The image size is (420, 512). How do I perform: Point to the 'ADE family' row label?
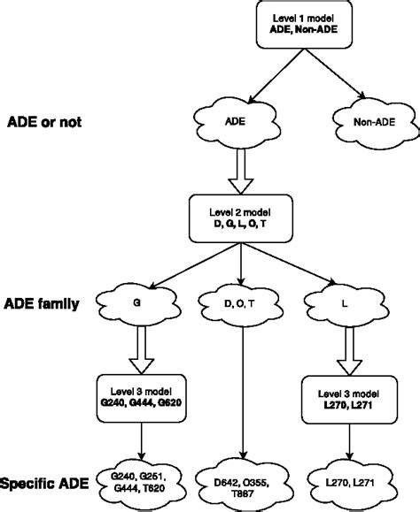click(42, 305)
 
